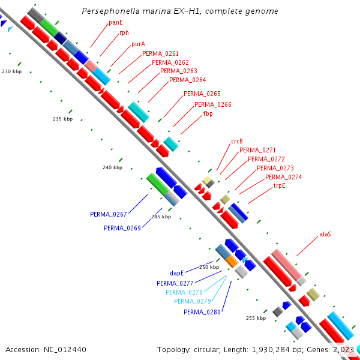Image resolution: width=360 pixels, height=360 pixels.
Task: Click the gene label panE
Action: point(116,22)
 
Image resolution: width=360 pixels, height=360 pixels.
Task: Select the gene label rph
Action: point(124,33)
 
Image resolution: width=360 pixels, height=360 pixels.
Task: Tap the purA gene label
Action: point(138,44)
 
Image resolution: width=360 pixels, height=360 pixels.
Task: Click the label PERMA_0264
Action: point(187,80)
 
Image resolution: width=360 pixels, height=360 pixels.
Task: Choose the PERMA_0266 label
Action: point(212,104)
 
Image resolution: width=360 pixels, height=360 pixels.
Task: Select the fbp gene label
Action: point(208,113)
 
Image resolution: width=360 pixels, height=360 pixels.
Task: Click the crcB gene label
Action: point(236,142)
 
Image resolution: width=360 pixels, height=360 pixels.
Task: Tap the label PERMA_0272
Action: point(266,159)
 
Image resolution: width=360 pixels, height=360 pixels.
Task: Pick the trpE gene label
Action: point(280,185)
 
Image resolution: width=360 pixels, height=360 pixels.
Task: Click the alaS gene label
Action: point(325,233)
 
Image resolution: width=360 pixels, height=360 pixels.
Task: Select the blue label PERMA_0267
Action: point(109,214)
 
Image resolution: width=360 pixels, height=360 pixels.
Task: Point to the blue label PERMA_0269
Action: point(122,228)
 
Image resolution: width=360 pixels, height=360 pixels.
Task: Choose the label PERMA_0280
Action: point(202,312)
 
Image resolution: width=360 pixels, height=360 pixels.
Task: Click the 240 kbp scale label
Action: point(112,167)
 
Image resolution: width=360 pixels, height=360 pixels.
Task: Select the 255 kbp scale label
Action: point(256,318)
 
